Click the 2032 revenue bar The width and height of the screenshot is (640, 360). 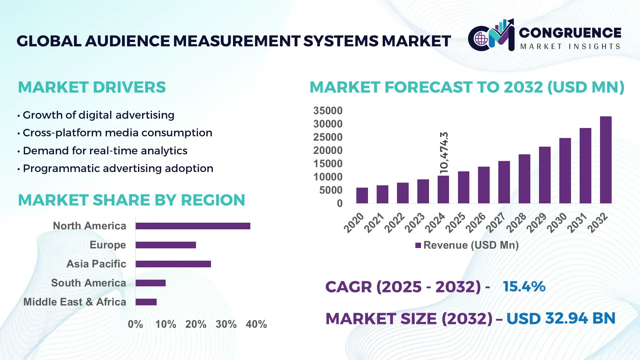point(606,160)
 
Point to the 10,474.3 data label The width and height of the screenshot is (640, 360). point(444,153)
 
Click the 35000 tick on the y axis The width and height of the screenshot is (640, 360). point(328,111)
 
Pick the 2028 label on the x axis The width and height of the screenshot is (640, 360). point(516,223)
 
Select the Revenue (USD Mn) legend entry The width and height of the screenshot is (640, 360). point(467,245)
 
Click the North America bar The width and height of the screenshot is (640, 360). point(193,226)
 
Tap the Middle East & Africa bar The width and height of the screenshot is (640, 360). point(146,302)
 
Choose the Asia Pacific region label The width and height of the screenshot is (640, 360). point(96,264)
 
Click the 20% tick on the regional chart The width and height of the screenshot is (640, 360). point(196,324)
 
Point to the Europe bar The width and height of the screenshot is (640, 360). point(166,245)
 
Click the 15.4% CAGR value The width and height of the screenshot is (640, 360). point(524,287)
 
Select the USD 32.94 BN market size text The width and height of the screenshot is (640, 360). point(561,318)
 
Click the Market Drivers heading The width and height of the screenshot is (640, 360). point(92,87)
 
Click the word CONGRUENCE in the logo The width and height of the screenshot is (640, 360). point(570,33)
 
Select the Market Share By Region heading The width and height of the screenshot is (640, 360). point(131,200)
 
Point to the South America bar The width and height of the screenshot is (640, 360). point(151,283)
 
